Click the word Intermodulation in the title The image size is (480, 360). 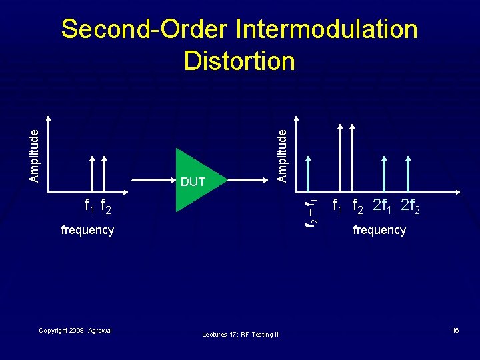click(326, 29)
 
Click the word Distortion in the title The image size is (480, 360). click(239, 61)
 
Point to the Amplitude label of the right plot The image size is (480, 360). click(282, 155)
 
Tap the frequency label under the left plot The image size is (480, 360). click(87, 230)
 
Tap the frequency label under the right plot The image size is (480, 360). click(379, 230)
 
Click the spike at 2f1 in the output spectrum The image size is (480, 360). click(383, 173)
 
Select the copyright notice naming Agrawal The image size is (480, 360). click(75, 331)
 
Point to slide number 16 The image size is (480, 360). click(456, 331)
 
